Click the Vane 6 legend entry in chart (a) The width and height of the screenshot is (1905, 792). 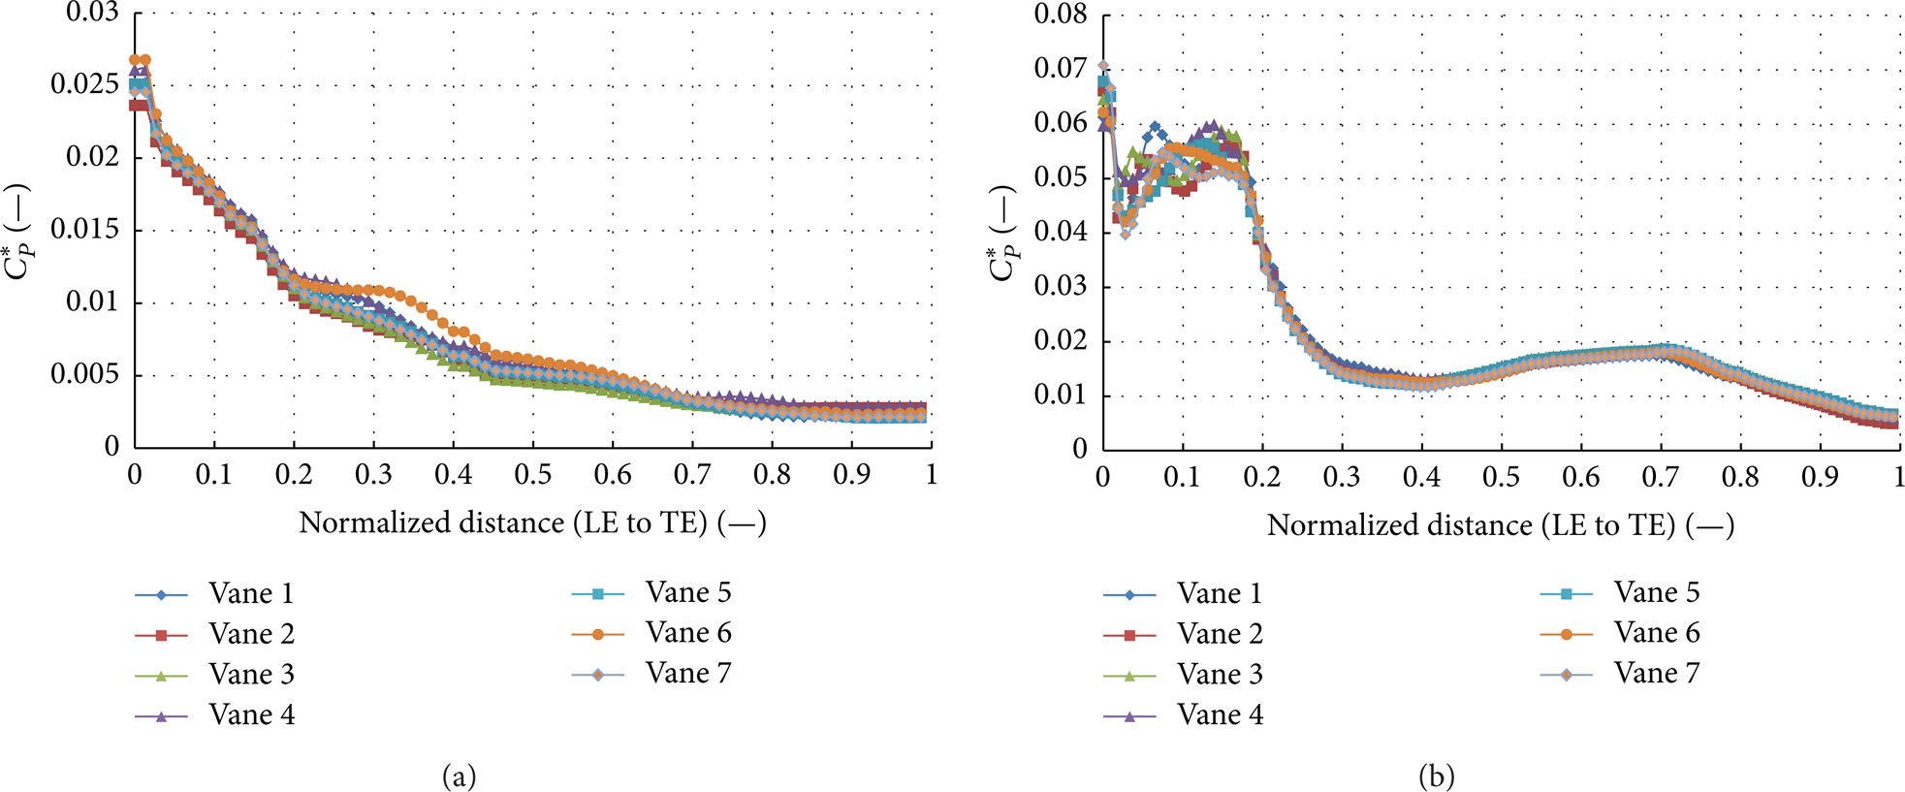pos(651,633)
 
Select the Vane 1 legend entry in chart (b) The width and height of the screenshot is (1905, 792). pos(1183,593)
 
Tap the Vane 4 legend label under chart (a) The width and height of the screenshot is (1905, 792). pos(251,715)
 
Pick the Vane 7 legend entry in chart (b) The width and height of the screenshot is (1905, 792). pos(1620,674)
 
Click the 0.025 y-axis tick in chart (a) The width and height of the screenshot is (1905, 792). pos(84,84)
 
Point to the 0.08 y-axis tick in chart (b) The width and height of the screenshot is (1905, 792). pos(1061,15)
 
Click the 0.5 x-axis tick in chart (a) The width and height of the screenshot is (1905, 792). pos(532,474)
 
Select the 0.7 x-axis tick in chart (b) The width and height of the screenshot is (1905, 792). pos(1661,477)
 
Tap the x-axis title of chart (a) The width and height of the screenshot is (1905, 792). pos(532,523)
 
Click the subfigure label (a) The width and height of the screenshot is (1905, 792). pos(459,776)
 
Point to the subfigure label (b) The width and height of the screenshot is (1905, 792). pos(1436,776)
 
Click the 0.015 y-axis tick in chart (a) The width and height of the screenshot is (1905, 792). pos(84,229)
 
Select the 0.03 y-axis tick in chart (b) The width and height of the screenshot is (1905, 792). pos(1061,286)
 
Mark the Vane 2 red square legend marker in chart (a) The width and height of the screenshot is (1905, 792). pos(161,635)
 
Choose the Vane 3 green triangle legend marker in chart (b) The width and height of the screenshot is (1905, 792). pos(1128,676)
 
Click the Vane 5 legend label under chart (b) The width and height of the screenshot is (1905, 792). pos(1657,592)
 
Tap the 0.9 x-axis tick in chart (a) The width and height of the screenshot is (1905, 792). pos(851,474)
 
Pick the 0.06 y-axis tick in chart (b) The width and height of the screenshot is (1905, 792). pos(1061,123)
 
